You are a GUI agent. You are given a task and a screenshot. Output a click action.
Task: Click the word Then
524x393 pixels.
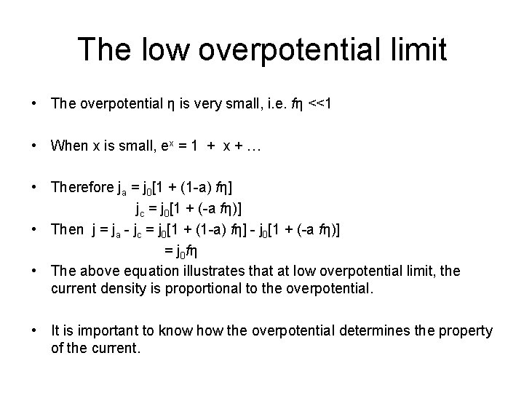coord(68,230)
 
